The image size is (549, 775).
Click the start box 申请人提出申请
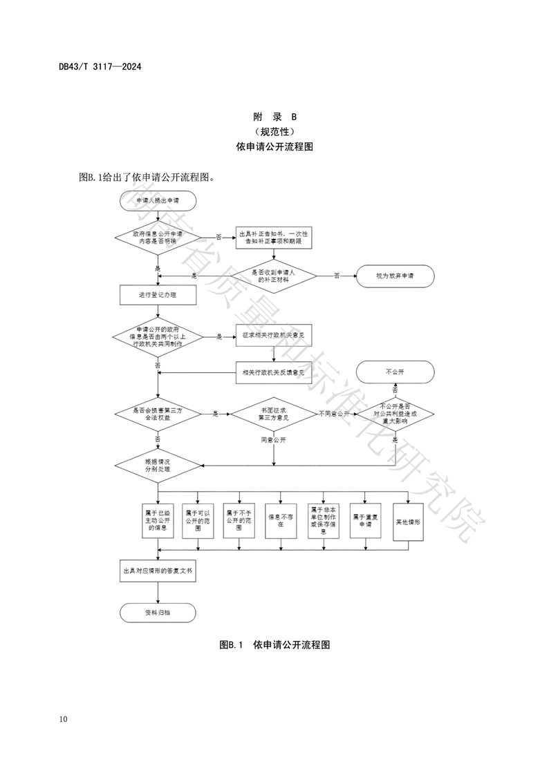[158, 200]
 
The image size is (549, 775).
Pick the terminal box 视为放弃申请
[395, 276]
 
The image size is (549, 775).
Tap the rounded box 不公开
[395, 372]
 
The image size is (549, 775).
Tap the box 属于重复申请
[366, 519]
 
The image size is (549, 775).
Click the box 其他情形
[408, 519]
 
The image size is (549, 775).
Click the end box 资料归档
[158, 613]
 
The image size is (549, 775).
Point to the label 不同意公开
[335, 414]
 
